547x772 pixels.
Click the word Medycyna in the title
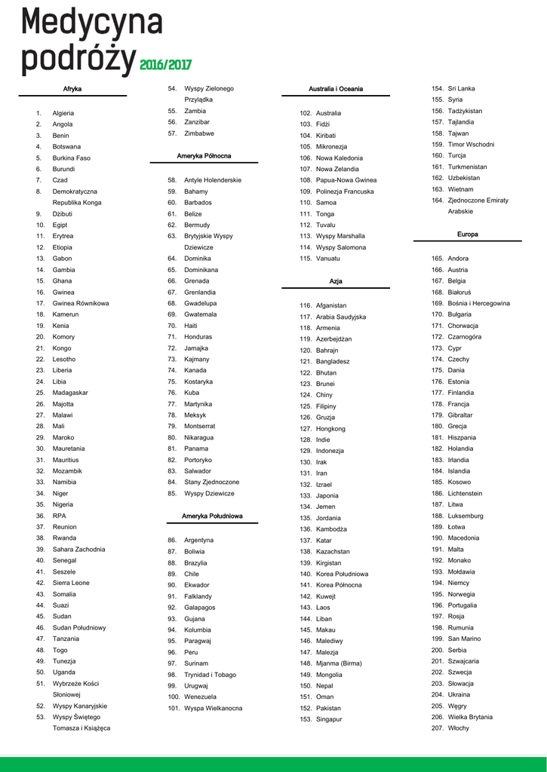pos(91,22)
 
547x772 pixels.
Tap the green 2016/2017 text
pos(166,64)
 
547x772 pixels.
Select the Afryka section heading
pos(72,89)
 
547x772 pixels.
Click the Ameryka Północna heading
pos(204,156)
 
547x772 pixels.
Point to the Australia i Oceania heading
pos(336,89)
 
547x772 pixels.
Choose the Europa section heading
pos(467,234)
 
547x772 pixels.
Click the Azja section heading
pos(336,281)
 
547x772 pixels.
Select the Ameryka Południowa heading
pos(212,516)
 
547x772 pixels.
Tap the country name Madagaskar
pos(70,393)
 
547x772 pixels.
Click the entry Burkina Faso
pos(71,158)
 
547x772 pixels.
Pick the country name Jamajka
pos(196,348)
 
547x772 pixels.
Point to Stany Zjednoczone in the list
pos(211,482)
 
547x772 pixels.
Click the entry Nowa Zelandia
pos(337,169)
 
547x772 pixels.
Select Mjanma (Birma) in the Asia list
pos(339,663)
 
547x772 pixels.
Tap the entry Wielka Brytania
pos(470,717)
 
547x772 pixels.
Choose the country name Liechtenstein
pos(465,494)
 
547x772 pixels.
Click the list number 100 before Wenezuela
pos(173,697)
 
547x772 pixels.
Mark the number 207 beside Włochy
pos(438,728)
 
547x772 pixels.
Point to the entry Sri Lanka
pos(462,89)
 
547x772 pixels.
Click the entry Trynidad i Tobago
pos(210,675)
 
